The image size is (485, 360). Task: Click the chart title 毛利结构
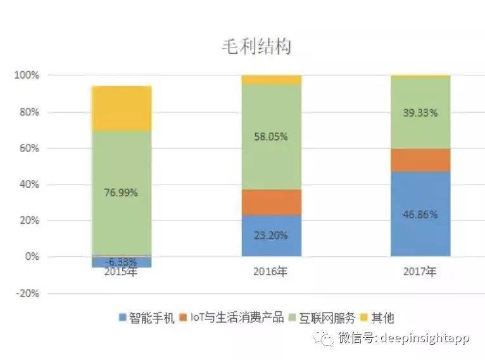[256, 46]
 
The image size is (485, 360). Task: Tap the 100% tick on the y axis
[27, 75]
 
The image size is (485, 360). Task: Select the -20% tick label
[27, 293]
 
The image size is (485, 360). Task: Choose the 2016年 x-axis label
[271, 273]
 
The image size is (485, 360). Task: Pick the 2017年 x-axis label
[420, 273]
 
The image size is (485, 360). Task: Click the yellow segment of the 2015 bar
[122, 108]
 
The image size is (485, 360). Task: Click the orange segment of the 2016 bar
[271, 202]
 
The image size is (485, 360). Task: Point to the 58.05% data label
[271, 135]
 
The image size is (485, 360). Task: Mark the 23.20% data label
[271, 235]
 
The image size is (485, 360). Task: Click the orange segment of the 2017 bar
[420, 160]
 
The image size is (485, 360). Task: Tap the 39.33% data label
[420, 112]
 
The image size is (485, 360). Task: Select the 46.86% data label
[420, 214]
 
